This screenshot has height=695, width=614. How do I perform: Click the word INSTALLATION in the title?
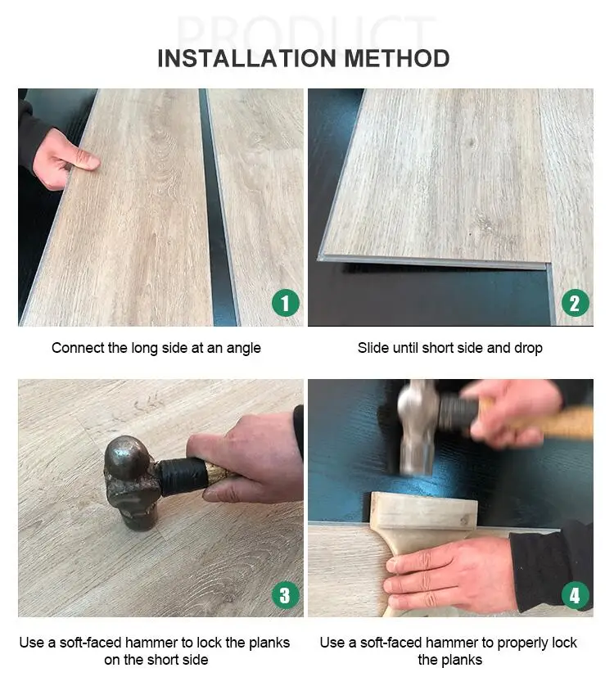(x=247, y=59)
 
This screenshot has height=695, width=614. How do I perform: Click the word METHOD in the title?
(x=397, y=59)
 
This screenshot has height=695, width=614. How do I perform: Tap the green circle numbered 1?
(x=286, y=303)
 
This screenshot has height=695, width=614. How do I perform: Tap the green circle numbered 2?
(x=575, y=303)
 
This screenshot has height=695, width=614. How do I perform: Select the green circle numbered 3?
(x=286, y=595)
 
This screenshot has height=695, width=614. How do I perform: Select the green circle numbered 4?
(x=575, y=595)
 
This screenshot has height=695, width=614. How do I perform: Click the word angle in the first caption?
(x=243, y=349)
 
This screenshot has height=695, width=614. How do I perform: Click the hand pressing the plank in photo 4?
(x=450, y=575)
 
